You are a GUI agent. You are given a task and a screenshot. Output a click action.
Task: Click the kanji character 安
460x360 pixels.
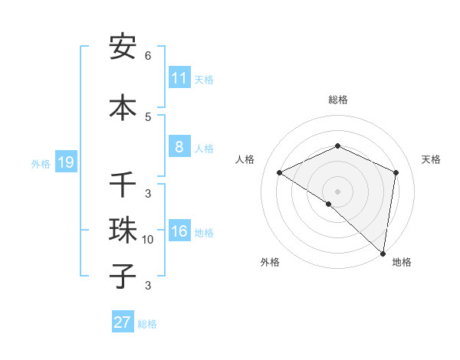[x=123, y=47]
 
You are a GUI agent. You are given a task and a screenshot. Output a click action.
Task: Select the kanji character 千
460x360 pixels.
[x=123, y=185]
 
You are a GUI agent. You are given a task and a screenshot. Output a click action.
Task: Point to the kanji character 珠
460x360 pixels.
[x=123, y=230]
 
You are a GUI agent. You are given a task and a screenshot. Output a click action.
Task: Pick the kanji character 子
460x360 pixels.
[x=123, y=275]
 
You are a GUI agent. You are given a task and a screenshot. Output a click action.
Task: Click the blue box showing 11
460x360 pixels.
[x=179, y=78]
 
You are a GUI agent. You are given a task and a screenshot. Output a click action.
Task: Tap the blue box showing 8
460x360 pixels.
[x=179, y=147]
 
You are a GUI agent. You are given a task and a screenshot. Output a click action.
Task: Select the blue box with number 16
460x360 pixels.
[x=179, y=231]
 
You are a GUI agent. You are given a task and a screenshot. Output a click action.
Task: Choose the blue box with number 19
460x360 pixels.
[x=65, y=162]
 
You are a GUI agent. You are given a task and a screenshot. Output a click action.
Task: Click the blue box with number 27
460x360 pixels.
[x=123, y=322]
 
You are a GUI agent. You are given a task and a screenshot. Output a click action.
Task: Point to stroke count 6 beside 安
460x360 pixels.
[x=148, y=55]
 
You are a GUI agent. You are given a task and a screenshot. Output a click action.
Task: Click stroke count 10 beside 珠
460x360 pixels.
[x=148, y=240]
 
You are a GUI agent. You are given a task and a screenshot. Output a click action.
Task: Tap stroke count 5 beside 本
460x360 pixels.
[x=148, y=116]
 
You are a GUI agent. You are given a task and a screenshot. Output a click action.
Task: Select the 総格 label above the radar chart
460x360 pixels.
[x=338, y=100]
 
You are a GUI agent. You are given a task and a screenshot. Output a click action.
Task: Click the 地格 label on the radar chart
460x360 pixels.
[x=402, y=262]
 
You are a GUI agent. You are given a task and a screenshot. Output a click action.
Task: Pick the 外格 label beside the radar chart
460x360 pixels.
[x=270, y=262]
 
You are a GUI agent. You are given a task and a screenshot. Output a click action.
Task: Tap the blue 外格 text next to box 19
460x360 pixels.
[x=41, y=163]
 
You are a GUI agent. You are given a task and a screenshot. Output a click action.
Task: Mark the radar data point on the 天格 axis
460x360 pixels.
[x=396, y=172]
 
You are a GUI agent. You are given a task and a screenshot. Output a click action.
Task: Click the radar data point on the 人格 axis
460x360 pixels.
[x=280, y=172]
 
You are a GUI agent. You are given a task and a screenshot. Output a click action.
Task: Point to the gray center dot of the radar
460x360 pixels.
[x=338, y=191]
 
